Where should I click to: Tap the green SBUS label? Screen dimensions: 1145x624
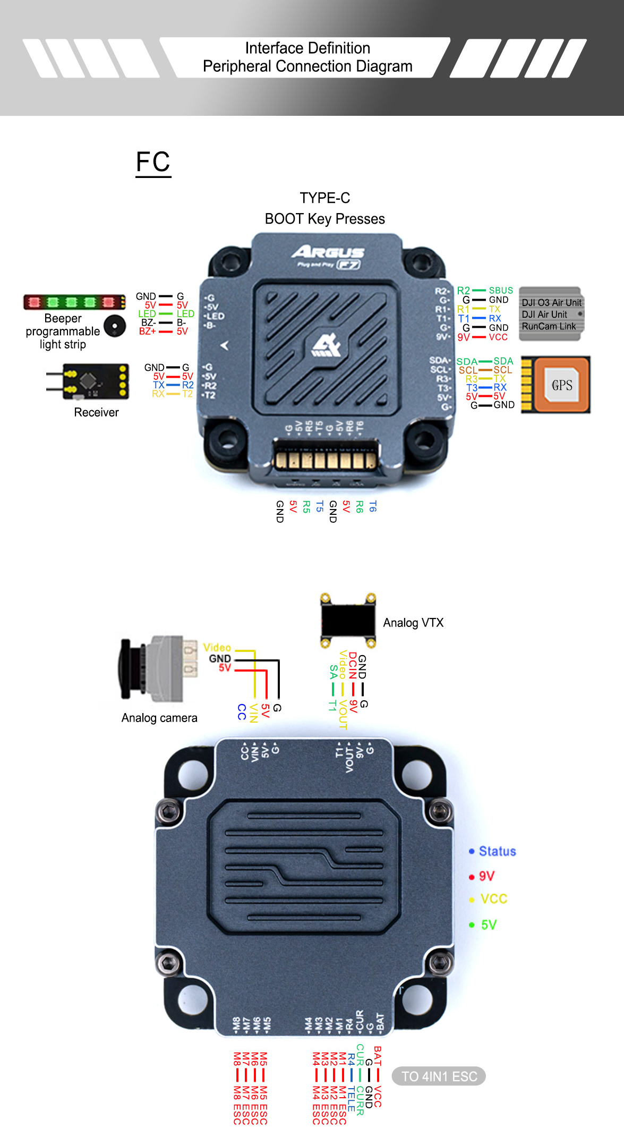pyautogui.click(x=501, y=291)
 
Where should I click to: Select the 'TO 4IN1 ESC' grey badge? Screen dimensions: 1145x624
pyautogui.click(x=439, y=1076)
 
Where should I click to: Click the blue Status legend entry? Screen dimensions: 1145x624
pyautogui.click(x=497, y=851)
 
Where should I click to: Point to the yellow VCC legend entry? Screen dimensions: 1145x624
pyautogui.click(x=493, y=899)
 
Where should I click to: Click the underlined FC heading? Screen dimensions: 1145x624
pyautogui.click(x=153, y=162)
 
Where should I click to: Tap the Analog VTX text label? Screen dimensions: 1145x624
pyautogui.click(x=413, y=623)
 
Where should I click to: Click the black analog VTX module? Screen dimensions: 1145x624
pyautogui.click(x=348, y=621)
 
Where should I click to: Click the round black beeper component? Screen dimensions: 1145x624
pyautogui.click(x=115, y=326)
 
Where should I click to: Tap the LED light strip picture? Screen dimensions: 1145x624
pyautogui.click(x=74, y=302)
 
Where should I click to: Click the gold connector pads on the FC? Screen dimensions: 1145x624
pyautogui.click(x=325, y=459)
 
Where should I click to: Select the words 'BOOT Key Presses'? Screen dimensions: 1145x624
pyautogui.click(x=324, y=219)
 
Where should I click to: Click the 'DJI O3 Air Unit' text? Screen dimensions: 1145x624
pyautogui.click(x=551, y=302)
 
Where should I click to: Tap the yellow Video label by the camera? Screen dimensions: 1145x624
pyautogui.click(x=217, y=647)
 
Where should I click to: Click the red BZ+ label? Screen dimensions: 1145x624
pyautogui.click(x=147, y=332)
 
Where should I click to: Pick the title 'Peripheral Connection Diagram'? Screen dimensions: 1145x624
pyautogui.click(x=307, y=66)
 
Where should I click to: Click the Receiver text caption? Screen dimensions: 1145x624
pyautogui.click(x=96, y=412)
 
